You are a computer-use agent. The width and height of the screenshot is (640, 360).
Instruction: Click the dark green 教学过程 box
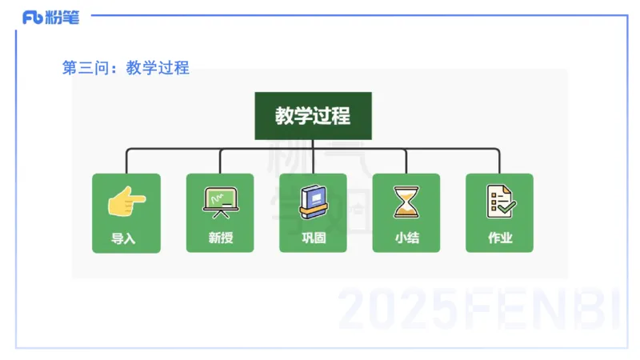[x=313, y=115]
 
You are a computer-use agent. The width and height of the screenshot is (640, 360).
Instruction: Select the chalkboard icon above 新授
[x=219, y=202]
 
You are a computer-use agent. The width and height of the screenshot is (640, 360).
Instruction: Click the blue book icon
[x=313, y=202]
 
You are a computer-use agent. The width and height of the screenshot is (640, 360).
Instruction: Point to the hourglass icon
[x=406, y=202]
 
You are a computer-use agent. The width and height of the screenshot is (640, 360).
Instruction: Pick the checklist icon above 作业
[x=500, y=202]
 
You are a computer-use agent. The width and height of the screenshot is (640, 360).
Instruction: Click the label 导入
[x=126, y=238]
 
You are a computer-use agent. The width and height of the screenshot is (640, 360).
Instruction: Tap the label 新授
[x=219, y=238]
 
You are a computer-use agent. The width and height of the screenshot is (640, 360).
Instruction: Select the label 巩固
[x=313, y=238]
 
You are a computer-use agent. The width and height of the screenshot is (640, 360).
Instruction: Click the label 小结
[x=406, y=238]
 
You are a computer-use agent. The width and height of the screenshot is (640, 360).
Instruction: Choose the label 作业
[x=500, y=238]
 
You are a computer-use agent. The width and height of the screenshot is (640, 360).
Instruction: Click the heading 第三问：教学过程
[x=126, y=68]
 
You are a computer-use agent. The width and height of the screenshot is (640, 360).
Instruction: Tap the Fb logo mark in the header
[x=33, y=18]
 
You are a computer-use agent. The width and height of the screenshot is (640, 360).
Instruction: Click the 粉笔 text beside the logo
[x=62, y=18]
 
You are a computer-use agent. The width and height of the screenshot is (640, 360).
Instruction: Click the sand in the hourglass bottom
[x=406, y=212]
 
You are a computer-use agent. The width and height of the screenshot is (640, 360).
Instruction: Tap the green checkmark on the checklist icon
[x=507, y=207]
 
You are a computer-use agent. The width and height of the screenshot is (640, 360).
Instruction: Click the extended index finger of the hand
[x=138, y=197]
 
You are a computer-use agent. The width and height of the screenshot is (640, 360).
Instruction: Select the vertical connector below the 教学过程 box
[x=313, y=144]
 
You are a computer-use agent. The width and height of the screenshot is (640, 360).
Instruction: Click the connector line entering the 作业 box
[x=500, y=163]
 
